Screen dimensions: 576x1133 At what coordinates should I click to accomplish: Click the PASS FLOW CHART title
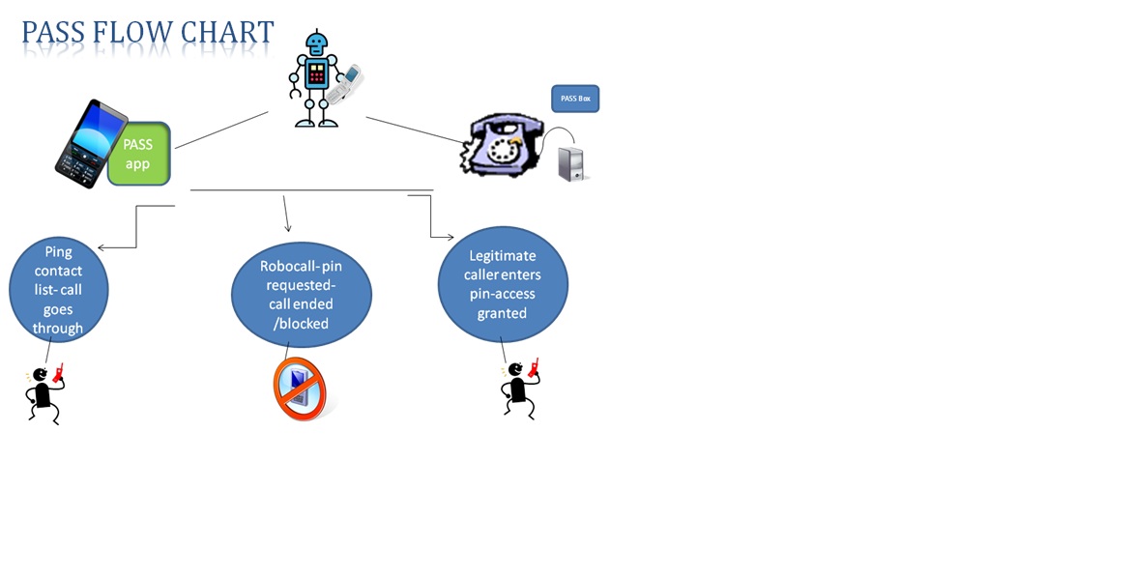click(148, 33)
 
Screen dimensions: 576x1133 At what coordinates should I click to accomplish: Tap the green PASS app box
click(138, 154)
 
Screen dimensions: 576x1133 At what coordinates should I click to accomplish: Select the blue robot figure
click(316, 79)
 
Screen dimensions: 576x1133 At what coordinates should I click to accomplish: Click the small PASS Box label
click(575, 99)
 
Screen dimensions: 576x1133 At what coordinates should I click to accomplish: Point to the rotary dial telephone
click(501, 145)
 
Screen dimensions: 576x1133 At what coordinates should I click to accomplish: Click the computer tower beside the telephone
click(572, 163)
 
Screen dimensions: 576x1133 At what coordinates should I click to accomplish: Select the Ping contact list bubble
click(59, 289)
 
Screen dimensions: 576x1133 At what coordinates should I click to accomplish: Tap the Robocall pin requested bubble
click(301, 295)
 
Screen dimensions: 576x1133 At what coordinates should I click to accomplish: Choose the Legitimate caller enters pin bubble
click(502, 284)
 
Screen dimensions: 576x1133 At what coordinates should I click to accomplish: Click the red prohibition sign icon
click(300, 389)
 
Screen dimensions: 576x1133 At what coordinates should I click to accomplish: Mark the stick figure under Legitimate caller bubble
click(519, 387)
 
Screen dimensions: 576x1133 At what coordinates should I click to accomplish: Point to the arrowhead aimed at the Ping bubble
click(102, 248)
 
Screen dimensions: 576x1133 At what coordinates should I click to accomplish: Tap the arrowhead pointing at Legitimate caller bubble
click(449, 236)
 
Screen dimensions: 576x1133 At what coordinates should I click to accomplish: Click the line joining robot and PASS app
click(221, 130)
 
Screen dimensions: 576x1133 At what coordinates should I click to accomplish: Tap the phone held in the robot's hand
click(347, 83)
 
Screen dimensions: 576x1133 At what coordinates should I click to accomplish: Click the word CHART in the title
click(232, 33)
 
